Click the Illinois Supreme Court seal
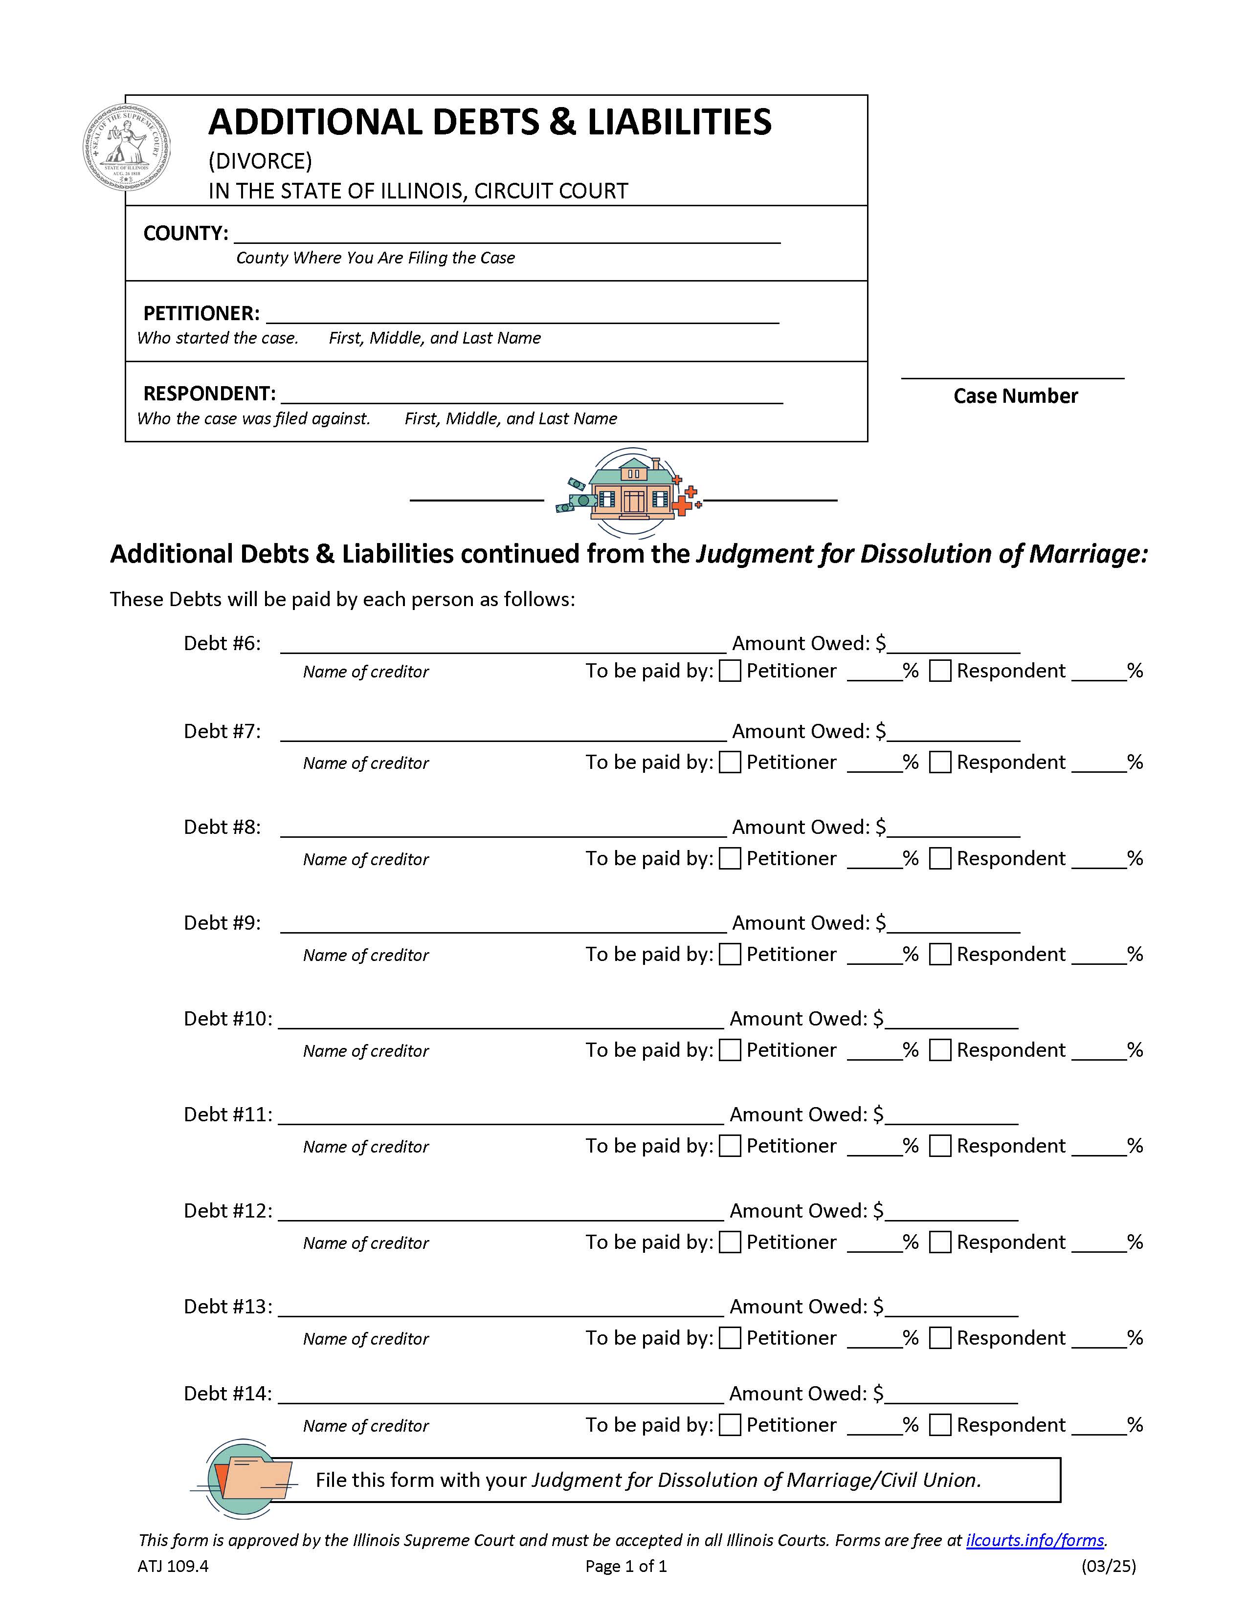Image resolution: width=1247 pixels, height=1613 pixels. point(126,147)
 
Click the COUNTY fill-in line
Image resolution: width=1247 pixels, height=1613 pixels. point(507,235)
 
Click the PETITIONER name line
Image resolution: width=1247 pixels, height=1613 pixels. point(522,315)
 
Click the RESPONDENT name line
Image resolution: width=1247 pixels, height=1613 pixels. point(532,395)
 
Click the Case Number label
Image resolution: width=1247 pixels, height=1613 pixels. point(1015,396)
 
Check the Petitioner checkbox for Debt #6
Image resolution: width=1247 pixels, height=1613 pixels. point(730,671)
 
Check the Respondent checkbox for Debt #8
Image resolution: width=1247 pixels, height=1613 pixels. point(940,858)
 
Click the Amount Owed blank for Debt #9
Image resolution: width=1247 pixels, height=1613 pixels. point(953,925)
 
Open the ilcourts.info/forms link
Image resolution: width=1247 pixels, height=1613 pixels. point(1034,1540)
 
